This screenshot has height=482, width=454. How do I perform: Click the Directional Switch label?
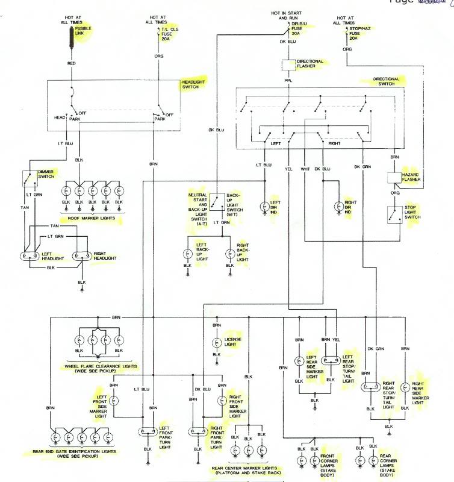tap(386, 81)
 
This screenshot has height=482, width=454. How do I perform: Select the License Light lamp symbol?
tap(216, 343)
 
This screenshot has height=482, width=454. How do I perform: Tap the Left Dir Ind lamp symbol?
tap(264, 207)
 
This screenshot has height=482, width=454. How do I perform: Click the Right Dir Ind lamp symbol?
tap(338, 207)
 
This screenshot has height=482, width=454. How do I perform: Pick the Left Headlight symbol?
tap(28, 255)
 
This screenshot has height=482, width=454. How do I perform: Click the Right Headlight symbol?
tap(81, 255)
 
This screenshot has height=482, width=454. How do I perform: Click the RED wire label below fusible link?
tap(71, 63)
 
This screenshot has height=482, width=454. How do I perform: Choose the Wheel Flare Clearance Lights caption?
tap(101, 369)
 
